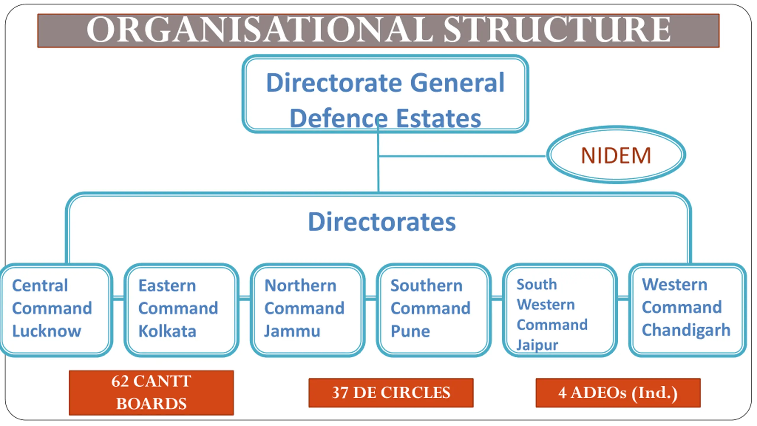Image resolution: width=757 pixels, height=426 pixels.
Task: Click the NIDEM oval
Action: (616, 155)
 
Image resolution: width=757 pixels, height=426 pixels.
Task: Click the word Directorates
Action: (382, 222)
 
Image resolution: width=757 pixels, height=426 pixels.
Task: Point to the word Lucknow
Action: (47, 331)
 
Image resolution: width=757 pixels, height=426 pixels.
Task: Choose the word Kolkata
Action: (167, 331)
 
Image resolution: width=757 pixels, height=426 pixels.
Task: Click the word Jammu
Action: (292, 331)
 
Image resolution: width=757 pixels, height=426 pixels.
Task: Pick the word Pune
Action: (410, 331)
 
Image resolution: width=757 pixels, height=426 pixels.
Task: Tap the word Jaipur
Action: (537, 345)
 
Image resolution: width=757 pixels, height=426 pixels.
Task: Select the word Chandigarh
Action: (686, 330)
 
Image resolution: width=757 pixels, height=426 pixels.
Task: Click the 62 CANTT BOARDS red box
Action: (151, 393)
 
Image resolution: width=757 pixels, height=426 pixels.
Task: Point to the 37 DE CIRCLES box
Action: (391, 393)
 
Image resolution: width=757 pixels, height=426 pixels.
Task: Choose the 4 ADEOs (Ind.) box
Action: (618, 393)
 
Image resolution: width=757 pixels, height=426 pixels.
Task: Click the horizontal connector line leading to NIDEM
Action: (461, 156)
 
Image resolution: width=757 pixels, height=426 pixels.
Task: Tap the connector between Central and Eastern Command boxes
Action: (118, 298)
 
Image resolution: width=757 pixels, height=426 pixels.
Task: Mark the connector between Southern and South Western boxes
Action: (497, 298)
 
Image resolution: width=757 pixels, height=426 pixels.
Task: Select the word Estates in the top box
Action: (438, 118)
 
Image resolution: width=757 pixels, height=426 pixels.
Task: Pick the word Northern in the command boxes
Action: (300, 286)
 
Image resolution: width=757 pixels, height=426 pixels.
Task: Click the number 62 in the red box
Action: (120, 381)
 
